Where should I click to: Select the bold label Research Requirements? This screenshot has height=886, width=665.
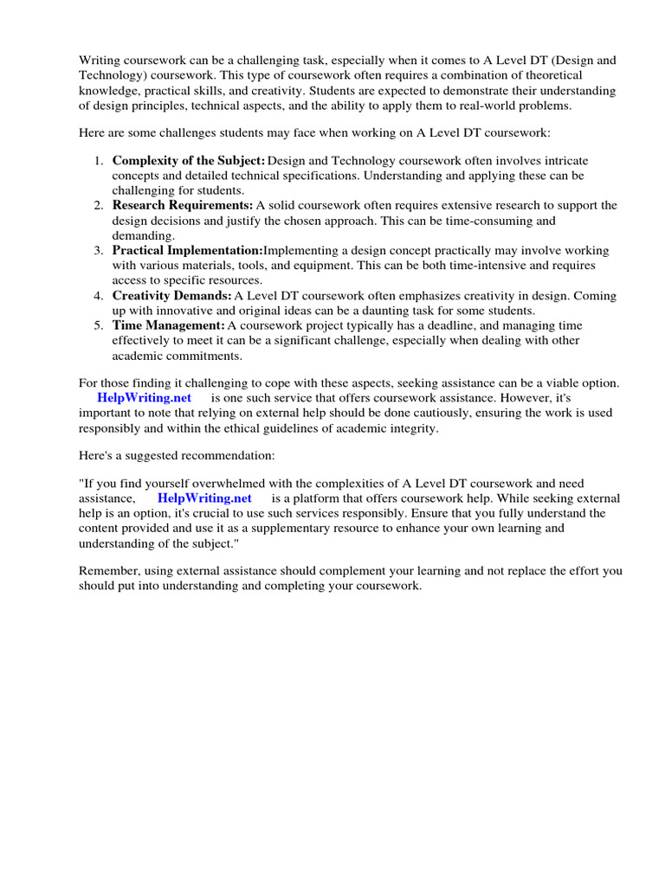pos(183,205)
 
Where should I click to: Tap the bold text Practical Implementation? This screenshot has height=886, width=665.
pos(187,251)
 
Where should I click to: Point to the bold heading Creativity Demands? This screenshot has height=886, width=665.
pos(171,296)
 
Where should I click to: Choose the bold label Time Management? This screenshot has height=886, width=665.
pos(168,325)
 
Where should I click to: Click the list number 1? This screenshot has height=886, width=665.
pos(99,160)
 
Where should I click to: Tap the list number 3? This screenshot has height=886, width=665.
pos(99,251)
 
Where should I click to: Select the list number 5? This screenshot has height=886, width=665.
pos(99,325)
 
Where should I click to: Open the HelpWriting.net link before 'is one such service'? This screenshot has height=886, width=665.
pos(144,397)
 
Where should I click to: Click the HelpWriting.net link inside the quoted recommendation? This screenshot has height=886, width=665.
pos(204,498)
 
